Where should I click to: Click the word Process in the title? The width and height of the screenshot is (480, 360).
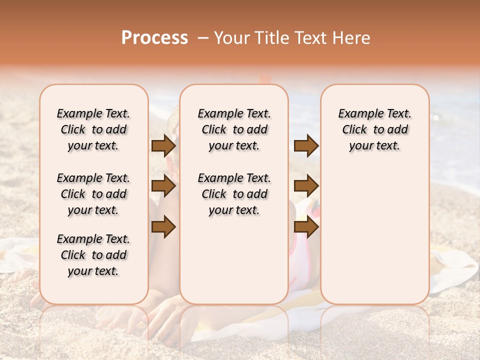[x=154, y=38]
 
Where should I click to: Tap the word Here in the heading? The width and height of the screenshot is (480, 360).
[x=351, y=38]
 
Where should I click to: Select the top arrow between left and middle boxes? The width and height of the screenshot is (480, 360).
[x=163, y=145]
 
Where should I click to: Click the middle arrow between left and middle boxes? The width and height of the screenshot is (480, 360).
[x=163, y=186]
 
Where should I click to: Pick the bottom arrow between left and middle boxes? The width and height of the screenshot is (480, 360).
[x=163, y=227]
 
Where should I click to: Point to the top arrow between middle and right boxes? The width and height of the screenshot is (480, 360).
[x=306, y=145]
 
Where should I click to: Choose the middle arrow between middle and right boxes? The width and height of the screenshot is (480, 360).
[x=306, y=186]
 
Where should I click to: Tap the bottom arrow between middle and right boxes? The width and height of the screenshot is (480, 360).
[x=306, y=227]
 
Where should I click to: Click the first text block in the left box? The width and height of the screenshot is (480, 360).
[x=93, y=129]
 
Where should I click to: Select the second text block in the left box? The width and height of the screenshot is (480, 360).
[x=93, y=194]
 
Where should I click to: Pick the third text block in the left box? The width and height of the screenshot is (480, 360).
[x=93, y=255]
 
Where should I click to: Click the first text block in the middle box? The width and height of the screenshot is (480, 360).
[x=234, y=129]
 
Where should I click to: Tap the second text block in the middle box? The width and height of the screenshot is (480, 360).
[x=234, y=194]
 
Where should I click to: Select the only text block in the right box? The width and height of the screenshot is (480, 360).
[x=375, y=129]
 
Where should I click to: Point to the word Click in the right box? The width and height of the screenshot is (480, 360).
[x=354, y=130]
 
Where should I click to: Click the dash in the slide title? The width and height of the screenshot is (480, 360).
[x=203, y=38]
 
